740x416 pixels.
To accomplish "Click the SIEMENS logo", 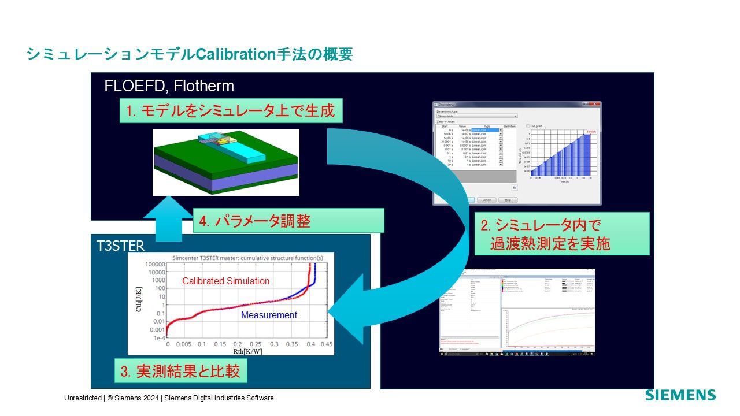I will pyautogui.click(x=680, y=396).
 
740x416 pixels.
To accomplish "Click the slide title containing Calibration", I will pyautogui.click(x=189, y=54).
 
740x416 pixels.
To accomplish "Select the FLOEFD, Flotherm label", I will pyautogui.click(x=169, y=87).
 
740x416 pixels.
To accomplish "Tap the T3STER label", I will pyautogui.click(x=120, y=246).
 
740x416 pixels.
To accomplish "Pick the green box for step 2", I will pyautogui.click(x=561, y=234).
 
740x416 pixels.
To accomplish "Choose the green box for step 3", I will pyautogui.click(x=180, y=372).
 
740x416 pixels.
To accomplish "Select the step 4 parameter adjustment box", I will pyautogui.click(x=288, y=221).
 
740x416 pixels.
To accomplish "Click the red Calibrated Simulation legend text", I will pyautogui.click(x=225, y=281).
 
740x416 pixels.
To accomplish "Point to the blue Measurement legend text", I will pyautogui.click(x=269, y=315).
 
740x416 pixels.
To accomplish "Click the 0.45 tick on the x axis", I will pyautogui.click(x=326, y=344).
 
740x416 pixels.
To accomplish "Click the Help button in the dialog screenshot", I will pyautogui.click(x=508, y=200).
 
